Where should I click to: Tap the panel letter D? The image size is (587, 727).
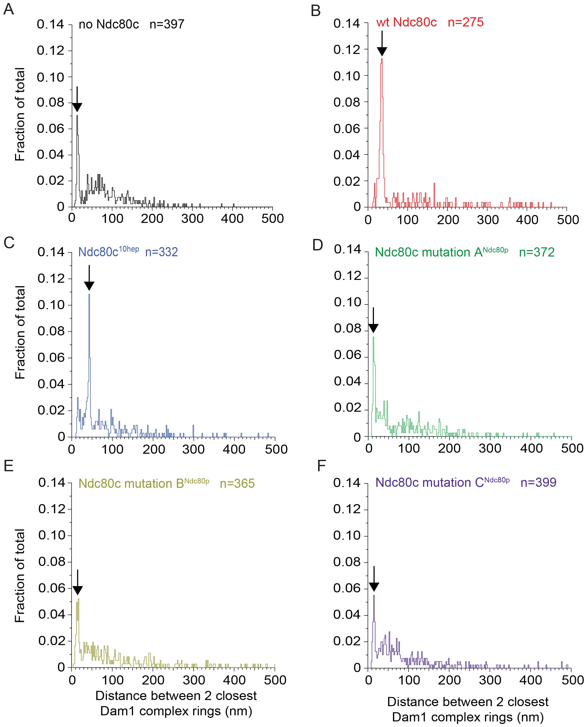coord(318,245)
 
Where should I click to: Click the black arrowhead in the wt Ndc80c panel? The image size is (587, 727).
coord(382,51)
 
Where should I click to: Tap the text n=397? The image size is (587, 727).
coord(167,24)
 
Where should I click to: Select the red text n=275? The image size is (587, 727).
coord(466,22)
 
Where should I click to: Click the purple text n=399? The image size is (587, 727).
coord(538,482)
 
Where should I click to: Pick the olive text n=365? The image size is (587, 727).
coord(237,483)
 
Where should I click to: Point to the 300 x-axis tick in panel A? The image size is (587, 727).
coord(192,219)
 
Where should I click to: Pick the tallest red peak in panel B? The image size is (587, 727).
coord(382,60)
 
